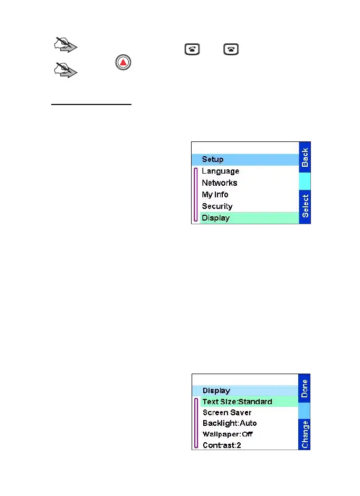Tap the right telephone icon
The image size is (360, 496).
point(231,49)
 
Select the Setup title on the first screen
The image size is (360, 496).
point(213,159)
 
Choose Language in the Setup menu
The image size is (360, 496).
point(220,171)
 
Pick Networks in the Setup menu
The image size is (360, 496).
point(220,183)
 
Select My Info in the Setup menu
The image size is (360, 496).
point(215,194)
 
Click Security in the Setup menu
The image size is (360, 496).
point(217,206)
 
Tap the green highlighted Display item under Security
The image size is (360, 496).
point(216,218)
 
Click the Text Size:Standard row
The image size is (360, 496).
point(237,402)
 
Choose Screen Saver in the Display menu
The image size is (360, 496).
point(227,413)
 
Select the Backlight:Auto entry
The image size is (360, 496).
point(230,423)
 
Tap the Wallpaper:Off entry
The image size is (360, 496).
point(228,434)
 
